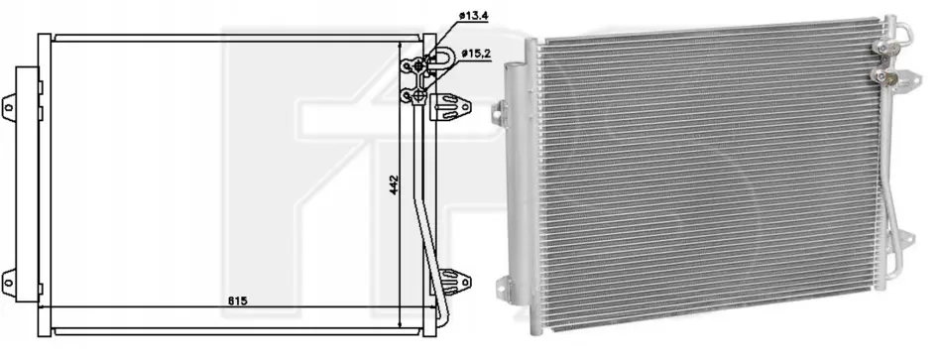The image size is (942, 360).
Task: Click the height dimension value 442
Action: coord(394,184)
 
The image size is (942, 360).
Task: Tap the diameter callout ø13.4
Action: coord(473,16)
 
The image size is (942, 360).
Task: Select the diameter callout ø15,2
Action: coord(476,54)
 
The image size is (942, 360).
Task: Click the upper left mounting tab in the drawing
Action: coord(9,107)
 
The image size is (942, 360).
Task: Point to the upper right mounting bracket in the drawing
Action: coord(450,107)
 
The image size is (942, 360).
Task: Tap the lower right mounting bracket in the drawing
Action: coord(452,282)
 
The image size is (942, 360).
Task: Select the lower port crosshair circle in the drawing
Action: coord(418,95)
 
